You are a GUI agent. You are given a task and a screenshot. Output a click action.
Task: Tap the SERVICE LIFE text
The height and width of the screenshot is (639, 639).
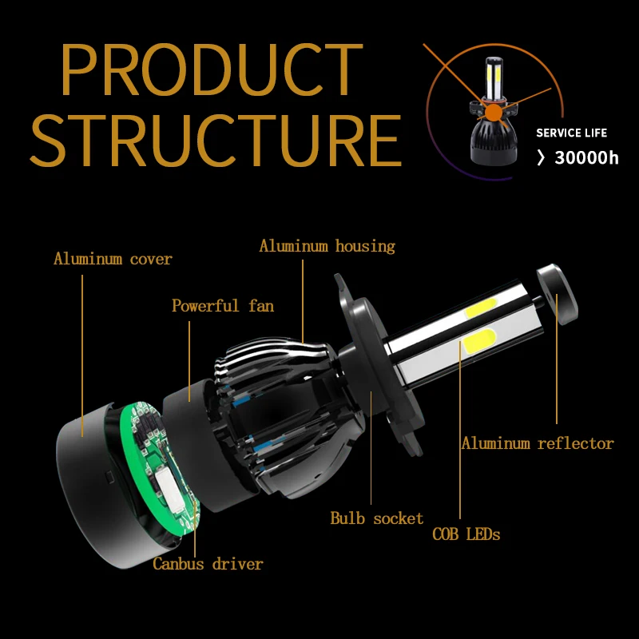(571, 133)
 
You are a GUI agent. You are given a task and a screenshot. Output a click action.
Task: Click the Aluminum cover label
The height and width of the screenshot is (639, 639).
(113, 259)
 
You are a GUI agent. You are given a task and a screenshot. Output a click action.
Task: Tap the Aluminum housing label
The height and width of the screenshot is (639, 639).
(327, 246)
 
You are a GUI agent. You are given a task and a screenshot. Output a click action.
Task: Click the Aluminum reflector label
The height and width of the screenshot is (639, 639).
(537, 443)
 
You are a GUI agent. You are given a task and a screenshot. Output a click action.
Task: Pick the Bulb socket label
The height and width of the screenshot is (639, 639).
(377, 518)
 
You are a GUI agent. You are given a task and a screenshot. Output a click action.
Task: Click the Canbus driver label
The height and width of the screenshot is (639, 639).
(208, 564)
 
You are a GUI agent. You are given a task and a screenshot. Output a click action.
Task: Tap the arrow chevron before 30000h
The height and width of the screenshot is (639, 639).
(541, 158)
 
